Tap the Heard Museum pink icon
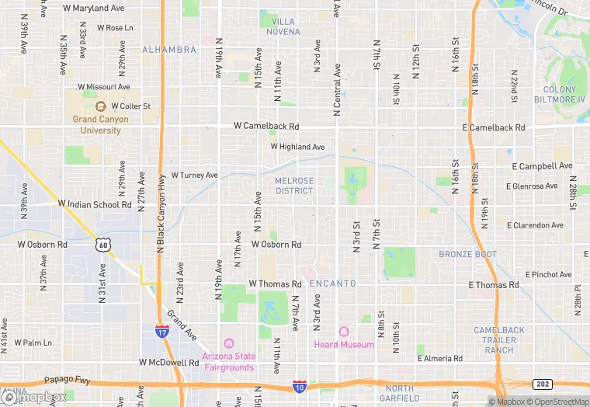(343, 332)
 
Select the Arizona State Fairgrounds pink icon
(229, 343)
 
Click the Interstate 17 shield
(161, 331)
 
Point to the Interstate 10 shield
(299, 386)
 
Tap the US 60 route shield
(102, 245)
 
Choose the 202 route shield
(543, 384)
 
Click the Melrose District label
(294, 186)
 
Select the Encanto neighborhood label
(332, 284)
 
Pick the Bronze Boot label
(467, 254)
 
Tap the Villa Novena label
(283, 26)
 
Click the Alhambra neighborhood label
(169, 50)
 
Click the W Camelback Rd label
(266, 126)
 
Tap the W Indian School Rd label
(95, 204)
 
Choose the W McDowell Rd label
(169, 362)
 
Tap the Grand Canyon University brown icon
(100, 106)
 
